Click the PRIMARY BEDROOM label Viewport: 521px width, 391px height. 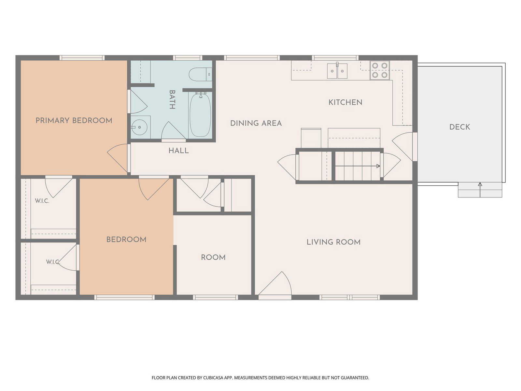74,121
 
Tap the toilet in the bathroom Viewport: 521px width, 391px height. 200,74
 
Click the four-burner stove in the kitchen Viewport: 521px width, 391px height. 379,70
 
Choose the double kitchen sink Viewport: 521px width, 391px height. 337,71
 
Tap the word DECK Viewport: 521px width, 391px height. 459,127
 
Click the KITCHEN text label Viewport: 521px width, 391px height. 345,102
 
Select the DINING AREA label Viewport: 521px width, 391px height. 256,123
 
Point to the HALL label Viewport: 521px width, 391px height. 178,151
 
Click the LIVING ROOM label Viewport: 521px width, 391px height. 333,242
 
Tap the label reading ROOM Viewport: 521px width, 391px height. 213,257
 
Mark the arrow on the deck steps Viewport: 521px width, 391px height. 480,190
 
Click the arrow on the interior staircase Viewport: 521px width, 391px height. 358,166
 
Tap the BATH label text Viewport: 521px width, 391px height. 172,99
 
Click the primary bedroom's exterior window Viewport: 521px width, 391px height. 82,58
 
